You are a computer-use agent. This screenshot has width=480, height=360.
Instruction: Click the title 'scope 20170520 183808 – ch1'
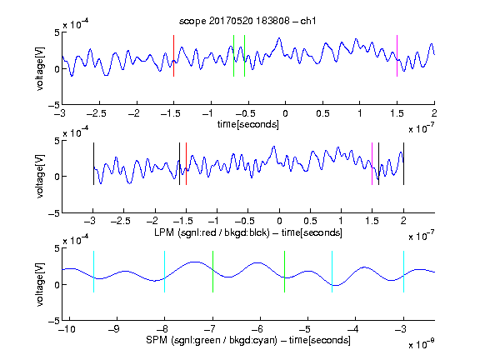pos(247,21)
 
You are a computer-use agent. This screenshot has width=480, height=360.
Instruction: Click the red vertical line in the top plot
pos(173,56)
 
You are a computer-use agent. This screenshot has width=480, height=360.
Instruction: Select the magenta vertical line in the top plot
pos(397,56)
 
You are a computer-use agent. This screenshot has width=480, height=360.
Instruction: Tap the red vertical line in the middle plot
pos(186,164)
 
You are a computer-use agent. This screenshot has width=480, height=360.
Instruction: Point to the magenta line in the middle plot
pos(372,164)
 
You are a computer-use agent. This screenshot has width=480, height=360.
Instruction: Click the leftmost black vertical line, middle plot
pos(93,164)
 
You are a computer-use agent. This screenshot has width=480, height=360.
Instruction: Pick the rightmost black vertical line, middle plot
pos(403,164)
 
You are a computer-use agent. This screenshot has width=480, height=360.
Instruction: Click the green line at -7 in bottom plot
pos(212,272)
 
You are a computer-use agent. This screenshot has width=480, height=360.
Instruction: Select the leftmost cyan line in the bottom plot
pos(93,272)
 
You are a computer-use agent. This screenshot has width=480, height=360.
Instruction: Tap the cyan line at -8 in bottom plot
pos(165,272)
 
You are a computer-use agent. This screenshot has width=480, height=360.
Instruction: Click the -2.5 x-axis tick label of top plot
pos(96,113)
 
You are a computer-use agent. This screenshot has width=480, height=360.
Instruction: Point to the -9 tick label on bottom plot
pos(114,329)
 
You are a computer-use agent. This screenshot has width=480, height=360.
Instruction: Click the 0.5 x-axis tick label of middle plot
pos(310,221)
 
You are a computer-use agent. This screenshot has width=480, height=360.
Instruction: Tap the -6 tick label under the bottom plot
pos(257,329)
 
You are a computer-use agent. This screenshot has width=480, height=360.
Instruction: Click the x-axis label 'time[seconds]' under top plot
pos(248,124)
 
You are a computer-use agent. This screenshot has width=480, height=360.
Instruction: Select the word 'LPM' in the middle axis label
pos(164,232)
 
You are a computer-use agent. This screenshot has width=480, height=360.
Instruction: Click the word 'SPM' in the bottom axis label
pos(157,340)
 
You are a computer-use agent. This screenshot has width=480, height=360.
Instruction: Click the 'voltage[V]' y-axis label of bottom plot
pos(40,284)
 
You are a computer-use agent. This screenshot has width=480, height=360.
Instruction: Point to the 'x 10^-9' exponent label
pos(421,344)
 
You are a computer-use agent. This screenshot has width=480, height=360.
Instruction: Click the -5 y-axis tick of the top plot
pos(53,105)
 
